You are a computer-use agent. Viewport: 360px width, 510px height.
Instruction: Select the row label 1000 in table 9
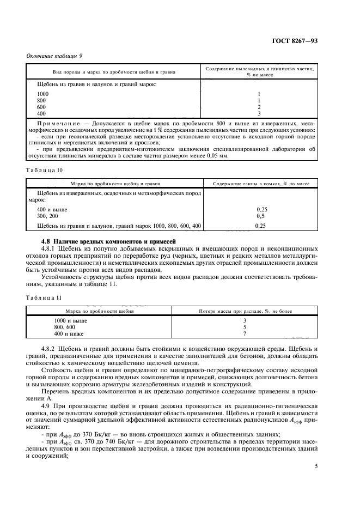click(x=42, y=94)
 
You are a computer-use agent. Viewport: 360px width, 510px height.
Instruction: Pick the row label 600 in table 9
click(x=41, y=107)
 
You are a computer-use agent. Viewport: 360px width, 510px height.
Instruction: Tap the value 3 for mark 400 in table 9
click(x=259, y=113)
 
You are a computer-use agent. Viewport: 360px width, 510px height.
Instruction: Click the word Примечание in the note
click(x=58, y=124)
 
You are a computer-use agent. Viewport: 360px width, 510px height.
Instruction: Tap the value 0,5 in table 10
click(x=260, y=216)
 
